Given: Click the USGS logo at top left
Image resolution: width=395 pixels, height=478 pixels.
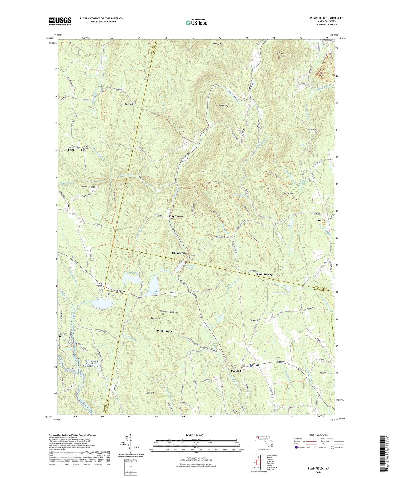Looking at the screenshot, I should [x=60, y=21].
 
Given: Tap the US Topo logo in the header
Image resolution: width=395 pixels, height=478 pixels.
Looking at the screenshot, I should [x=196, y=22].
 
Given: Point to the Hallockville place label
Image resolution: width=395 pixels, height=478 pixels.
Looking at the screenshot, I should [x=179, y=253].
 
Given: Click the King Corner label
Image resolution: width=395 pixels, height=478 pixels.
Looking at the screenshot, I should [x=176, y=217].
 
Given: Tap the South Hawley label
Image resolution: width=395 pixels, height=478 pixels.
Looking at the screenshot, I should [x=264, y=274].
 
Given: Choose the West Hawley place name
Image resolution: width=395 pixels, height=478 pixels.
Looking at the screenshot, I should [x=165, y=331].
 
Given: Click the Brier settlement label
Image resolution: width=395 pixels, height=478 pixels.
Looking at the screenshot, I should [x=71, y=150].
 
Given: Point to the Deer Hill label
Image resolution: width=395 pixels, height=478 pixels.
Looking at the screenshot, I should [x=150, y=393].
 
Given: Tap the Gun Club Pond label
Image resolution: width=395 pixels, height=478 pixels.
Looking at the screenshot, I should [x=279, y=293].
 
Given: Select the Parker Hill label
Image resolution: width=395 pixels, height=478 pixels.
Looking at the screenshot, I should [x=288, y=194].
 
